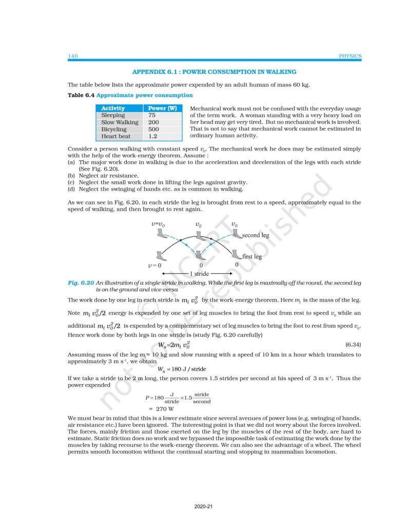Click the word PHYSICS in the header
click(x=351, y=56)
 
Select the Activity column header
click(x=113, y=108)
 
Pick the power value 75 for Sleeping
click(x=152, y=116)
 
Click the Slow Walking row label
click(x=120, y=123)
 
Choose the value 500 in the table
click(x=153, y=129)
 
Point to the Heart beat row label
click(x=116, y=137)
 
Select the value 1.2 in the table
click(x=152, y=137)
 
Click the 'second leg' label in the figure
click(x=255, y=235)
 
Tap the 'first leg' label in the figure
click(x=252, y=256)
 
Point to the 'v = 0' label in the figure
click(x=153, y=265)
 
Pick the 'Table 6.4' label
click(x=81, y=95)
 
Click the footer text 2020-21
click(x=203, y=506)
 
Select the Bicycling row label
click(x=115, y=129)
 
